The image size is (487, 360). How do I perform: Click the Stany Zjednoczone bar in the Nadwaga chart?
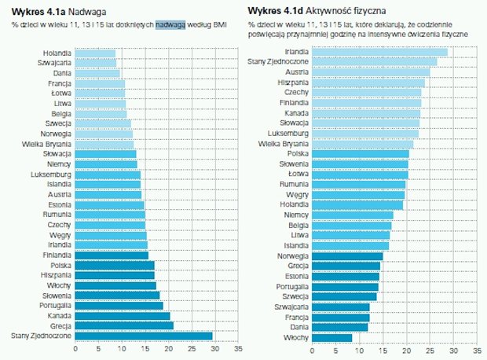coord(144,336)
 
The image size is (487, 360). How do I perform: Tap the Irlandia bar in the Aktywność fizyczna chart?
coord(380,52)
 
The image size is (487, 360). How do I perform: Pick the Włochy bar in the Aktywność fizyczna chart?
coord(333,338)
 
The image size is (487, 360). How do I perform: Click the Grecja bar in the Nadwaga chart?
coord(124,325)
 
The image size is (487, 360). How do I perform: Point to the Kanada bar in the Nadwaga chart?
coord(123,315)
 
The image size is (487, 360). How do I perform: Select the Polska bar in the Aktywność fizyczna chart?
coord(361,154)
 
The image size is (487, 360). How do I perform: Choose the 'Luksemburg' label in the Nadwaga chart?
coord(52,173)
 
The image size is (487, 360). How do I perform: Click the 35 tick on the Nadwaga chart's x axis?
coord(236,348)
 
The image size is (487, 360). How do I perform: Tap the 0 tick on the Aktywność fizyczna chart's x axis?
coord(313,348)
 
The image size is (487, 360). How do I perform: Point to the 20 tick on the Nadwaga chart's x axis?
coord(168,348)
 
